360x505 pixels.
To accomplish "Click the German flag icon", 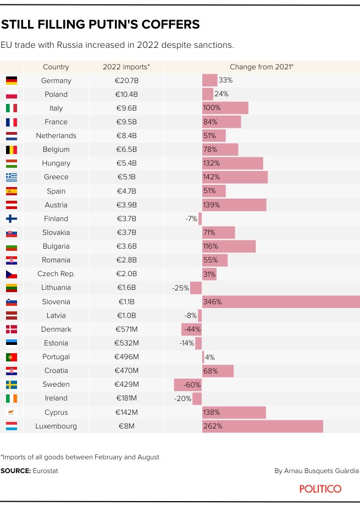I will pos(12,80).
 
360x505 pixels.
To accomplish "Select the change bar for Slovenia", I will pos(280,301).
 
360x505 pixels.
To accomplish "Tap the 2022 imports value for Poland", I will pos(126,94).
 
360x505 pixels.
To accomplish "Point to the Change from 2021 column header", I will pos(261,67).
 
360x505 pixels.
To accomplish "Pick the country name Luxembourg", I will pos(56,426).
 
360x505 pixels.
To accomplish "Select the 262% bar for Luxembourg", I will pos(262,426).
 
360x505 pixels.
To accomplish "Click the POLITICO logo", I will pos(320,488).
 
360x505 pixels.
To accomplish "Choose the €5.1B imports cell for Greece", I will pos(126,177).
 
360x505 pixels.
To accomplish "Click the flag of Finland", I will pos(12,218).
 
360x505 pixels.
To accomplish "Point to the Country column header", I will pos(56,67).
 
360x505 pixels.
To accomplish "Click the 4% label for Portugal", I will pos(209,357).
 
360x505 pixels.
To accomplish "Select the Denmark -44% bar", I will pos(192,329).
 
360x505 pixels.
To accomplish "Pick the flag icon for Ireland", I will pos(12,398).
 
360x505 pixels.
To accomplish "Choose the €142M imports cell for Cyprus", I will pos(126,412).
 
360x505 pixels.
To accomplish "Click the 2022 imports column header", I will pos(126,67).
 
